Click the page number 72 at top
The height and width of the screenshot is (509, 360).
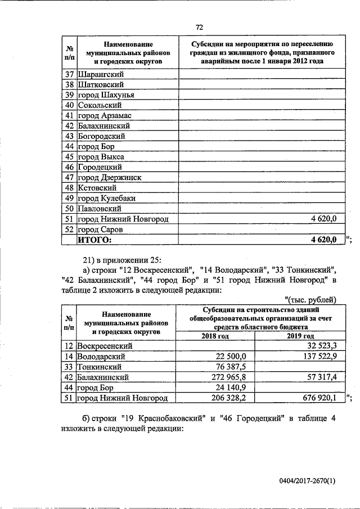(x=199, y=27)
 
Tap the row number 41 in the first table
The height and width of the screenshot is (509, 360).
(x=70, y=115)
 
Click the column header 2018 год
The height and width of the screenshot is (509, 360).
(x=215, y=336)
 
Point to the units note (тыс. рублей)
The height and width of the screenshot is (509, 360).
(x=310, y=299)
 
